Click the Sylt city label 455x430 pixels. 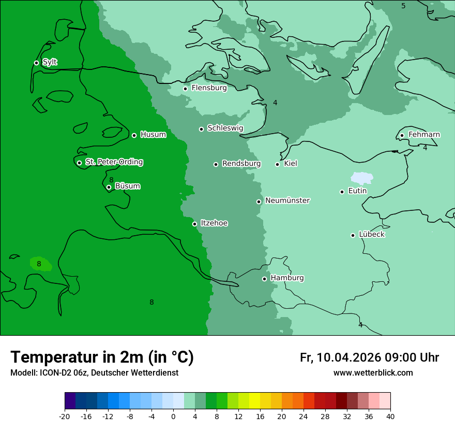click(x=50, y=62)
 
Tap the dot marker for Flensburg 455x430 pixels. click(x=185, y=89)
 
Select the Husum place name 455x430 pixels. click(x=153, y=135)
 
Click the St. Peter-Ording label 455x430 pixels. click(x=114, y=162)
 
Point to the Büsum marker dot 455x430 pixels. click(x=109, y=188)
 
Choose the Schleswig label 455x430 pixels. click(x=225, y=128)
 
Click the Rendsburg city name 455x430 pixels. click(x=241, y=164)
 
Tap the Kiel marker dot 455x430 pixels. click(x=277, y=164)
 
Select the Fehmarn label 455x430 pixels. click(x=424, y=135)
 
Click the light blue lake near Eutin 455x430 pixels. click(x=362, y=178)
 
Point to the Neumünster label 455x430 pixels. click(x=287, y=200)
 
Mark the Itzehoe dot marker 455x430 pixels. click(x=194, y=224)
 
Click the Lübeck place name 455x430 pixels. click(x=371, y=234)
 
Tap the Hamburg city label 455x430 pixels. click(x=287, y=278)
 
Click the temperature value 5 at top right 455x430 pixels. click(x=403, y=6)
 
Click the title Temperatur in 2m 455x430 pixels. click(x=102, y=357)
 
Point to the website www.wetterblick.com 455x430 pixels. click(x=373, y=373)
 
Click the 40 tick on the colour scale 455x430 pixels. click(x=390, y=416)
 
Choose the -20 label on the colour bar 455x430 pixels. click(x=65, y=416)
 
